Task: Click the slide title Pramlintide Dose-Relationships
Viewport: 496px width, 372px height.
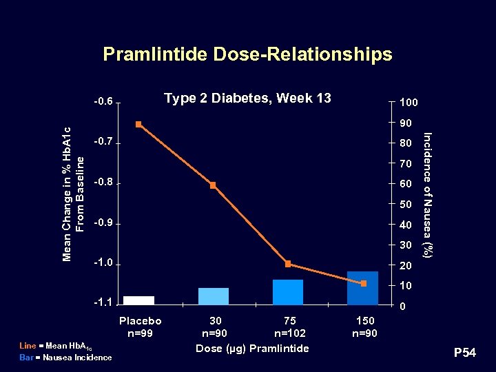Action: click(x=247, y=54)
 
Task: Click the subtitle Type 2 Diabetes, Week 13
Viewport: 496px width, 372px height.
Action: click(x=247, y=98)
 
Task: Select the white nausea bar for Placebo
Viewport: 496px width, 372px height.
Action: click(x=138, y=300)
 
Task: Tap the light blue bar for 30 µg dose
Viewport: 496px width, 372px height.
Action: click(x=213, y=296)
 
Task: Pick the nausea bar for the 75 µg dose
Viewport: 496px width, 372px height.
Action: click(x=288, y=291)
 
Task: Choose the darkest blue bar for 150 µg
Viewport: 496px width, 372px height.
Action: click(x=362, y=287)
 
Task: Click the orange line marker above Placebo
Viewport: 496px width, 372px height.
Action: click(x=138, y=124)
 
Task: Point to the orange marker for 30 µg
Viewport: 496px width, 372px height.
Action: click(x=213, y=185)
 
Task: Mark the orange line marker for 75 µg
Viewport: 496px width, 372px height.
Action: click(x=288, y=264)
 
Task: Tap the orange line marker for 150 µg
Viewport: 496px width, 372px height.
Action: click(x=363, y=283)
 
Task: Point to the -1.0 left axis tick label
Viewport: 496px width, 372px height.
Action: click(x=103, y=265)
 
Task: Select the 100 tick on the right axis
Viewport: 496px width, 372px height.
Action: click(x=407, y=103)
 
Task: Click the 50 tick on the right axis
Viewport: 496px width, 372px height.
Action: click(x=405, y=205)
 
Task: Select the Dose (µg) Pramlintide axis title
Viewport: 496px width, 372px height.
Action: click(x=252, y=349)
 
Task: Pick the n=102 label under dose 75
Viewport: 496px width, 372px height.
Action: click(x=291, y=334)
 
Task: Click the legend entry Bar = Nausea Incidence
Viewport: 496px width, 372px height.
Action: click(x=65, y=357)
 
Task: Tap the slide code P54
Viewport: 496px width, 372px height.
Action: click(x=464, y=353)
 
